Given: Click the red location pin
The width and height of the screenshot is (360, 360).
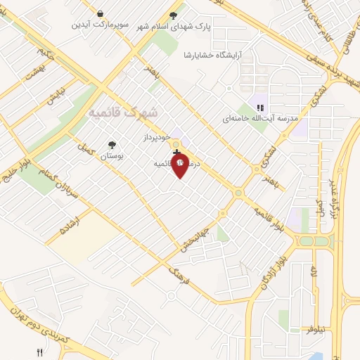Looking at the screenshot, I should coord(181,165).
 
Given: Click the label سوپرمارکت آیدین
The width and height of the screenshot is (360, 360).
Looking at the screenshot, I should coord(101,25).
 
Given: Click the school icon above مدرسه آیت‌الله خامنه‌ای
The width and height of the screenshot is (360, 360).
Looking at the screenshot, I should coord(259,108).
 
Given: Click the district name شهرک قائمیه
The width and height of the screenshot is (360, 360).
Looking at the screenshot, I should coord(124,112).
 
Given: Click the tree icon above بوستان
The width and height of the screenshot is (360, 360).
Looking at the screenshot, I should coord(110,146).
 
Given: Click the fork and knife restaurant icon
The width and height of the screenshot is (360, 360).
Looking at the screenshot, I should coord(40,352).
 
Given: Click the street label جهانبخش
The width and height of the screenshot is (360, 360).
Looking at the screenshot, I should coord(188,226).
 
